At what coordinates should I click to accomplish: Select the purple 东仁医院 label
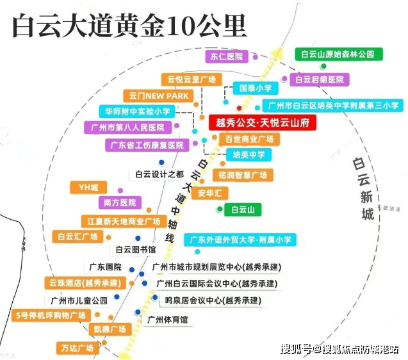227,56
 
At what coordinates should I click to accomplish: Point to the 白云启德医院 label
319,79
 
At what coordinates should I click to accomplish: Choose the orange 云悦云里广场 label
192,79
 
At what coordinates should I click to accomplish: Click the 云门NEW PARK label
158,96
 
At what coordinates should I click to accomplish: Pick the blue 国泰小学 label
252,88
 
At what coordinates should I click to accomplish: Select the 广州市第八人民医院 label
127,127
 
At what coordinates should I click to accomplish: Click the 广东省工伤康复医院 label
147,145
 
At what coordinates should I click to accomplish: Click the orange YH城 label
88,187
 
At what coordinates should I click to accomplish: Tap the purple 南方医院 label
120,202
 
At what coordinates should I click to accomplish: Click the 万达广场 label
77,348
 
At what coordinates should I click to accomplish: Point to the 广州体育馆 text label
167,319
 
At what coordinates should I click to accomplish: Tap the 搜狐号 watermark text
297,349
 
